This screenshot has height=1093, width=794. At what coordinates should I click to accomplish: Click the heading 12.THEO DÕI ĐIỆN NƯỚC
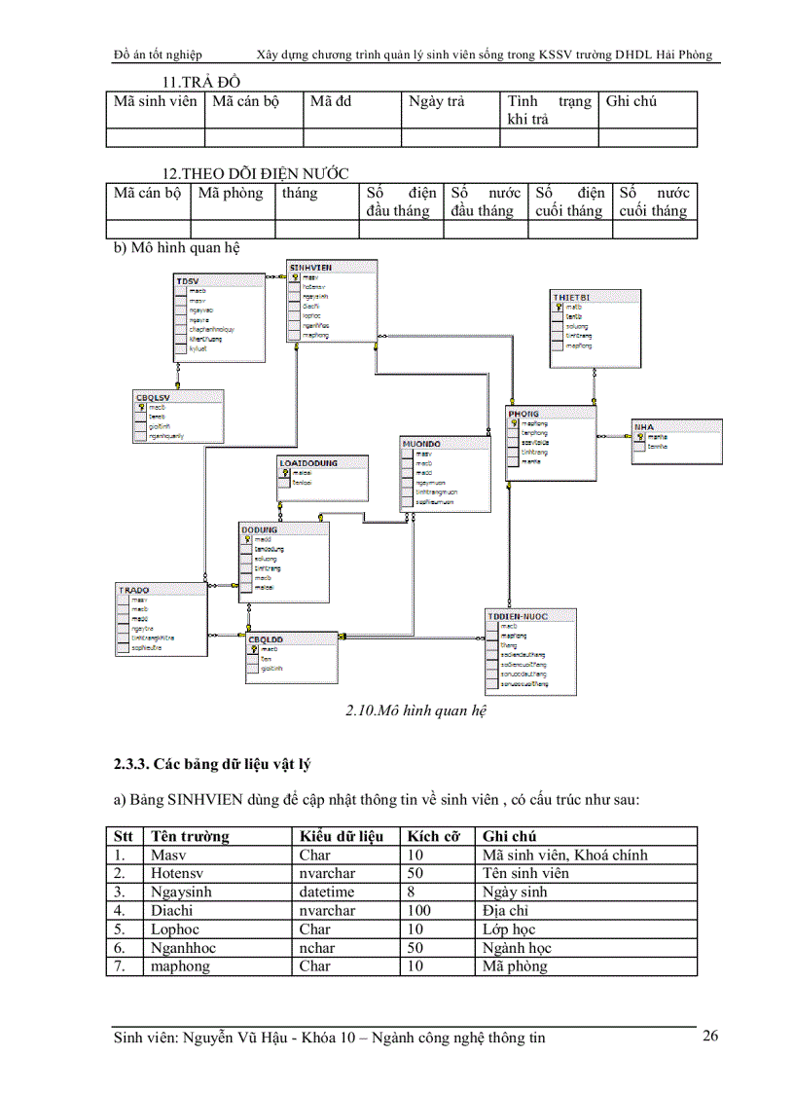click(255, 173)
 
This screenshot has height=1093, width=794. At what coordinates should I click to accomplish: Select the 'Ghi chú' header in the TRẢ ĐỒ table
click(631, 101)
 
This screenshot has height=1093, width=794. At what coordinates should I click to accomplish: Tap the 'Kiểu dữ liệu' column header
click(342, 836)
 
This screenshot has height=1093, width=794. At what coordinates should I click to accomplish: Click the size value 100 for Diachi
click(419, 910)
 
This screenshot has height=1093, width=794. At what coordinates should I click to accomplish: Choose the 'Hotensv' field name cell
click(179, 873)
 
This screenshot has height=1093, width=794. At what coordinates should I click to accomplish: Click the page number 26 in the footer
click(710, 1036)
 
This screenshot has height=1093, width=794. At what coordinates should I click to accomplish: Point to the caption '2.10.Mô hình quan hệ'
click(415, 710)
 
